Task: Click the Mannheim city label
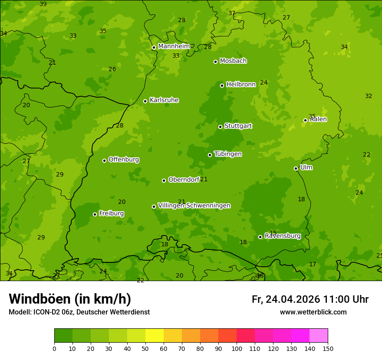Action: tap(174, 46)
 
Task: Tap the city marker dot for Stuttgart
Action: tap(220, 127)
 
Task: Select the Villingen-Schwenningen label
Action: tap(194, 206)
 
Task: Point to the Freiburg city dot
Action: tap(95, 214)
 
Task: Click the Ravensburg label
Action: tap(283, 236)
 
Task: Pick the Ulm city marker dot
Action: tap(296, 168)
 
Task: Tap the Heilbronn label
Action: tap(241, 85)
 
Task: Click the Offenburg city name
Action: tap(124, 160)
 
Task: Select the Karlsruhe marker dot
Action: tap(145, 101)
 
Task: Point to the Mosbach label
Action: tap(233, 61)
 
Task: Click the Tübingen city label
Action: tap(228, 154)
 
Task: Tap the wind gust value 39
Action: tap(43, 4)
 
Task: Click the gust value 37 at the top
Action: tap(232, 13)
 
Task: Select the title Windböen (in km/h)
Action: tap(70, 299)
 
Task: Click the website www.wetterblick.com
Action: tap(313, 312)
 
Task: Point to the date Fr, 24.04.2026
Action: tap(286, 299)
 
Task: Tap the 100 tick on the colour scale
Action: tap(237, 348)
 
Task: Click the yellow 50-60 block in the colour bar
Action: tap(154, 335)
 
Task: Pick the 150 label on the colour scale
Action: tap(328, 348)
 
